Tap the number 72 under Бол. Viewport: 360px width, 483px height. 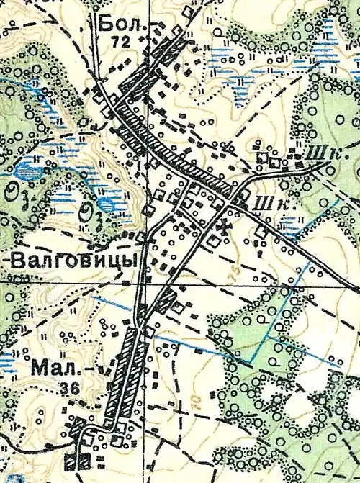coord(120,42)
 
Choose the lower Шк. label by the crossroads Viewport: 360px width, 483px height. coord(268,204)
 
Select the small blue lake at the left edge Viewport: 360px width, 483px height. coord(27,172)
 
